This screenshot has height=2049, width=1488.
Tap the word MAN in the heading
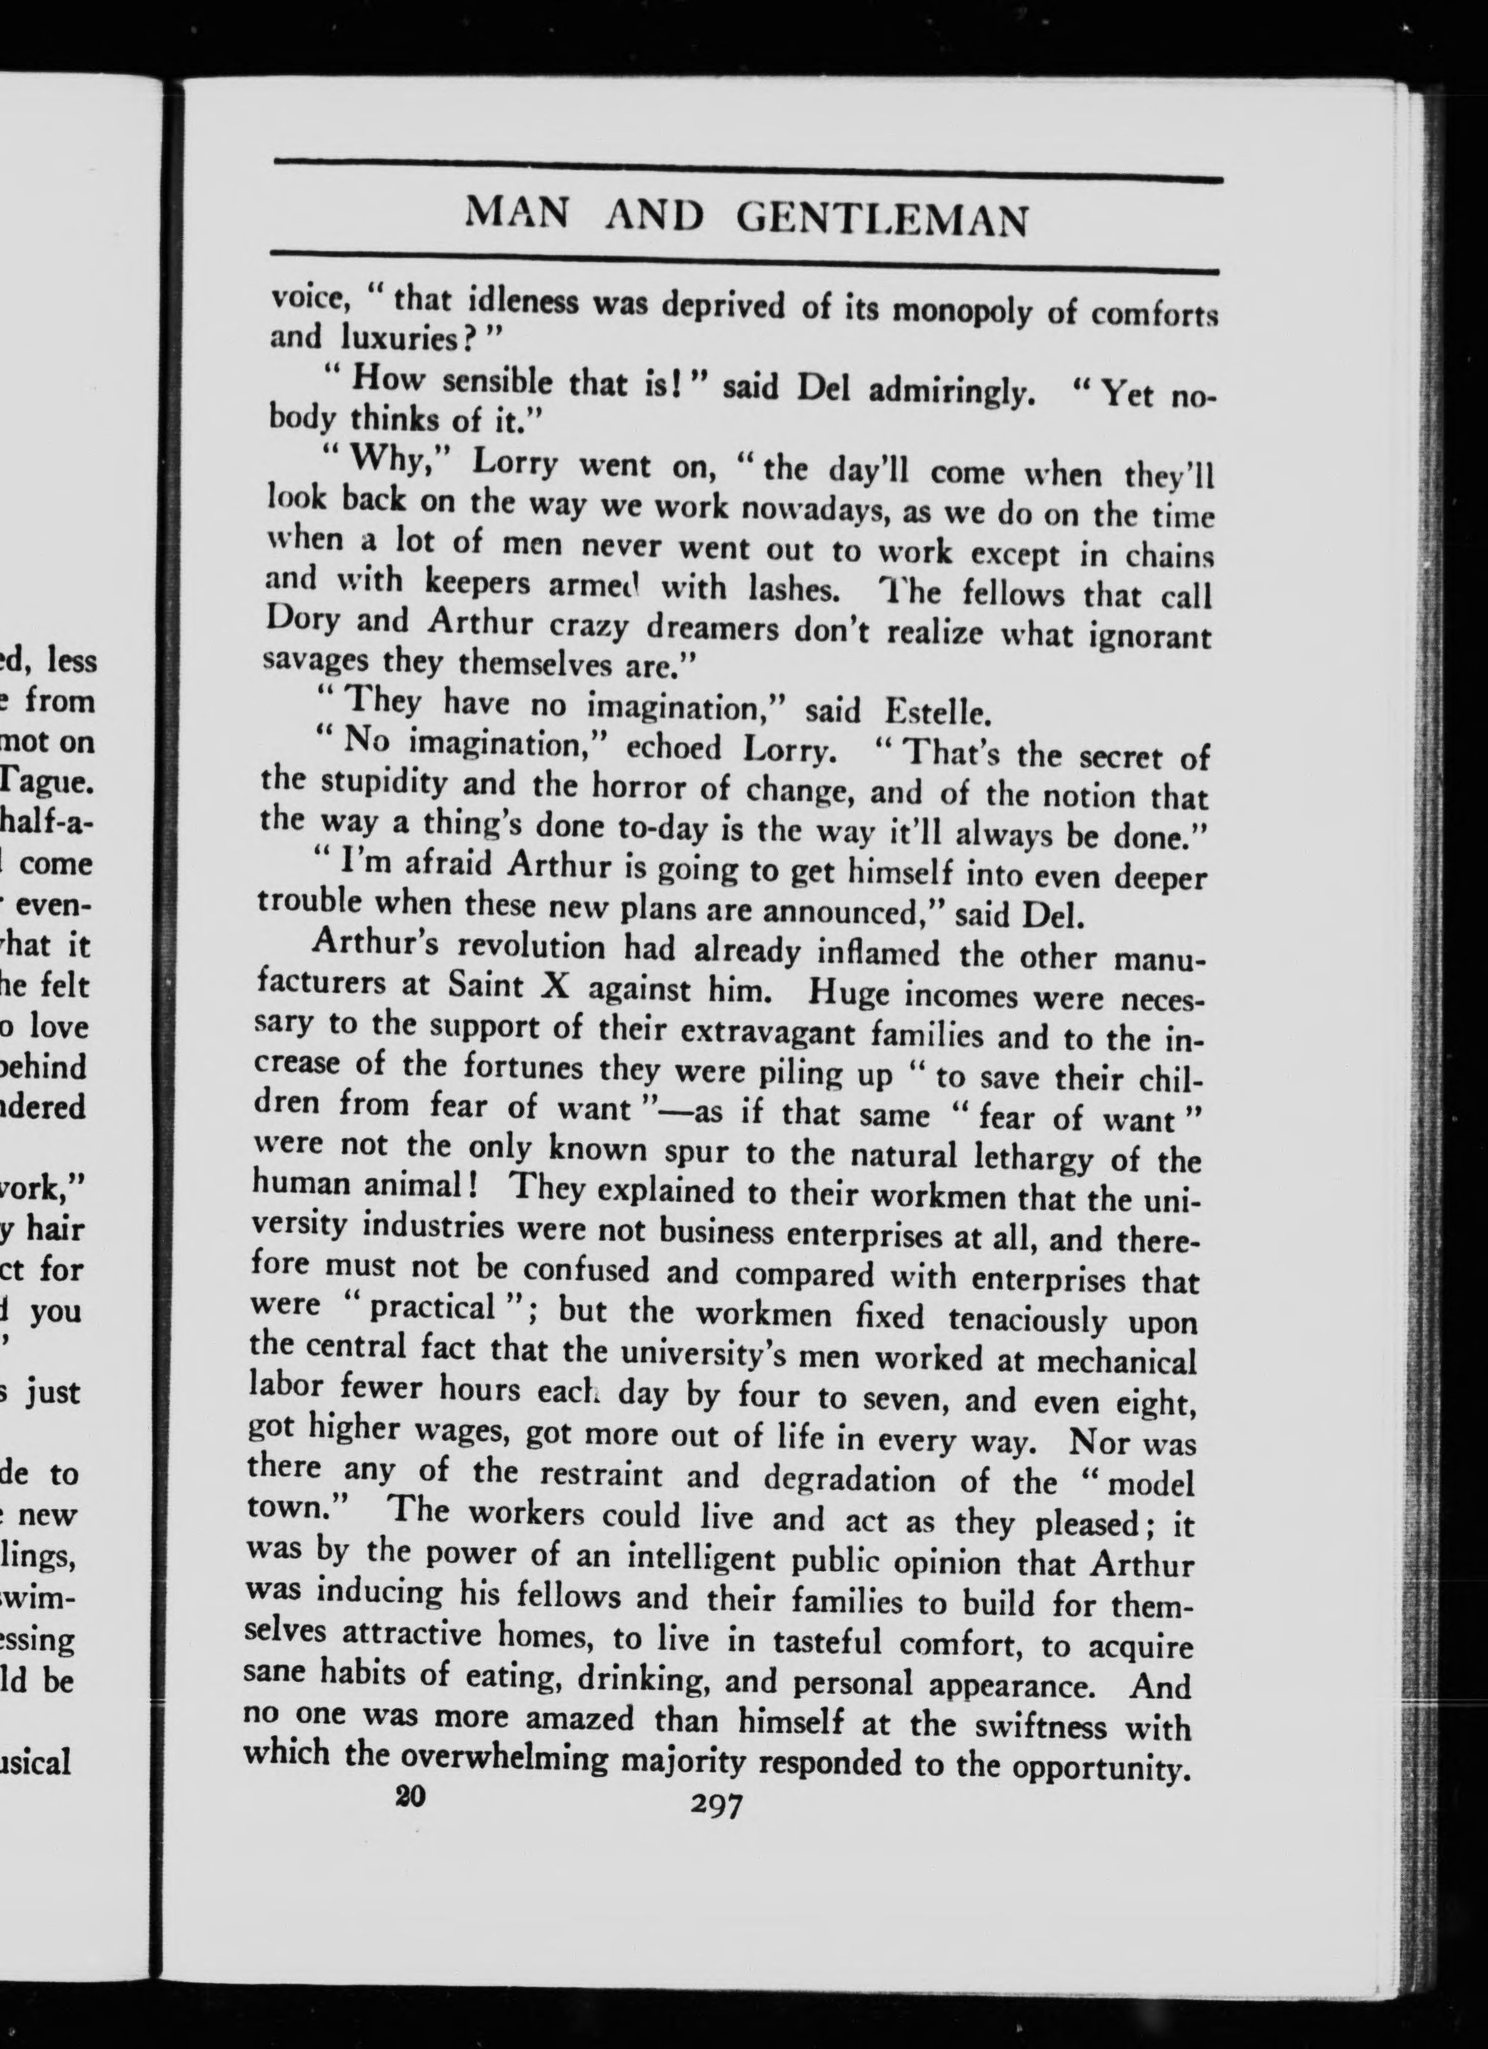(x=517, y=215)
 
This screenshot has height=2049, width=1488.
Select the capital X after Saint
(x=550, y=985)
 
